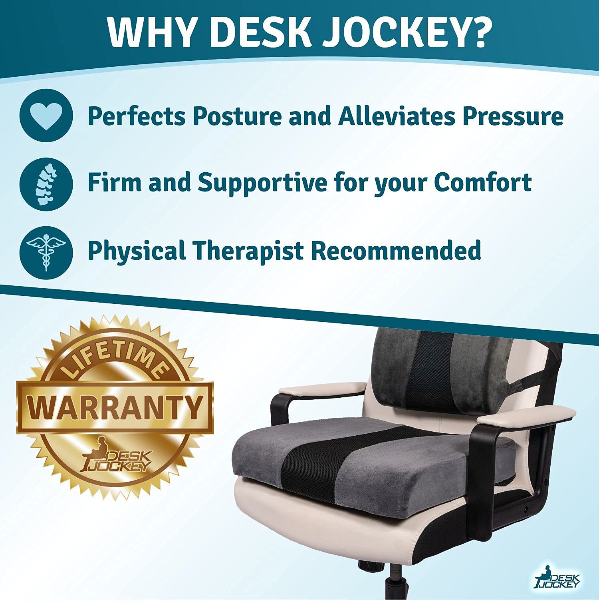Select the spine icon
46,184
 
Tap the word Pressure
512,116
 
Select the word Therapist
248,251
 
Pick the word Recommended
396,250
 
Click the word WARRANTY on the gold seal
115,407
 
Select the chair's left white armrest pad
322,388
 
